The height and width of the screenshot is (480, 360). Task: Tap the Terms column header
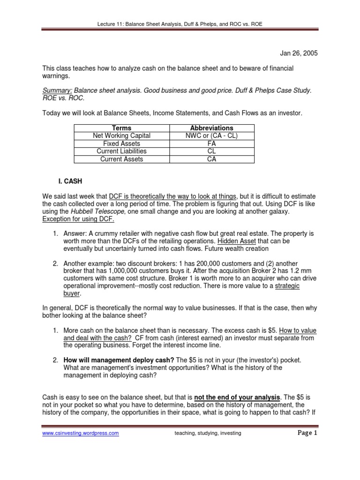122,128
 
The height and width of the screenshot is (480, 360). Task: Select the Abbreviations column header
211,128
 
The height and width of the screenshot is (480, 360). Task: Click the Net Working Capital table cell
122,136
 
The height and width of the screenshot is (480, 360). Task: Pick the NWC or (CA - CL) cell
211,136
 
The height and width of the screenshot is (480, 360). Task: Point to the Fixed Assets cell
122,144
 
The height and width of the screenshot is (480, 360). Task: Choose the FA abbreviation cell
211,144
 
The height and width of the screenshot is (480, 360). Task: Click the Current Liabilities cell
122,151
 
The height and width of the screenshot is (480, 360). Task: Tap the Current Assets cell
122,159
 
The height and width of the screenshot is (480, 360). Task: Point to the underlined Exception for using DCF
78,219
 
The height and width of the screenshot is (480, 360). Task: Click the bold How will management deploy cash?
119,360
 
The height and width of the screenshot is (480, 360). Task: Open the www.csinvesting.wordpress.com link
81,434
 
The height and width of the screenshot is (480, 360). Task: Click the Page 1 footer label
307,433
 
